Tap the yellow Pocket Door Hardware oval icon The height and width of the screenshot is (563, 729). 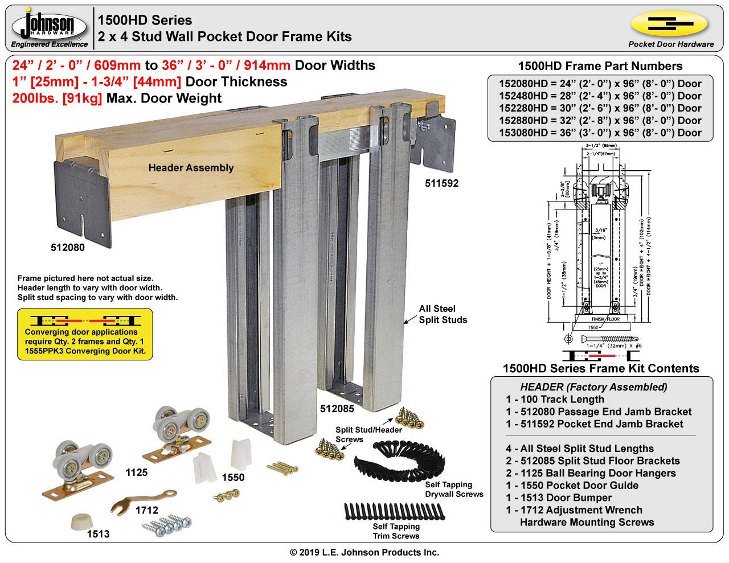click(x=670, y=24)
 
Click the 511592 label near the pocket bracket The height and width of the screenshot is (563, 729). click(x=441, y=183)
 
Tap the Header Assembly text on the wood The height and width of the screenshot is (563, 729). click(x=191, y=168)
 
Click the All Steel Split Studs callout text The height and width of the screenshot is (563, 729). click(x=443, y=314)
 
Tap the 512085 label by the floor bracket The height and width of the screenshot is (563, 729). click(x=337, y=408)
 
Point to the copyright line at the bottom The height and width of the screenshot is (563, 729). click(x=364, y=552)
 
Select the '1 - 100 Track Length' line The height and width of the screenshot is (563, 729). click(x=555, y=399)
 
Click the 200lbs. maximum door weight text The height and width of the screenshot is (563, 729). click(x=117, y=98)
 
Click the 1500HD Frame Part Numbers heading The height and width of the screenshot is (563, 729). click(x=600, y=66)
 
